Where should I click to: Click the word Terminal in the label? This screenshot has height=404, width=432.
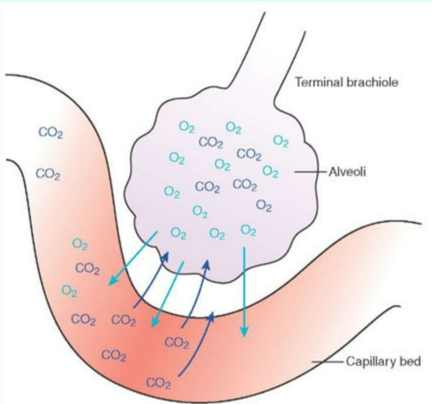pos(312,82)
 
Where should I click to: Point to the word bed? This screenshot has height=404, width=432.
pos(410,362)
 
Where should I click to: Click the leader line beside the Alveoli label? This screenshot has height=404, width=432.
pos(309,172)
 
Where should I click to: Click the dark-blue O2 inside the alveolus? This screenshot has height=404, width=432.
pos(263,205)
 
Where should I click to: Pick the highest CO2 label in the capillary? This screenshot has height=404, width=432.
pos(50,132)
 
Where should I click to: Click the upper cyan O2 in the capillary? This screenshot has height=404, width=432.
pos(80,244)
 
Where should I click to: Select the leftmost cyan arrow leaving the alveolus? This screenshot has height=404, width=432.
pos(132,260)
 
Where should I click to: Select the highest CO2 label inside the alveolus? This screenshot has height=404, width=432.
pos(211,142)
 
